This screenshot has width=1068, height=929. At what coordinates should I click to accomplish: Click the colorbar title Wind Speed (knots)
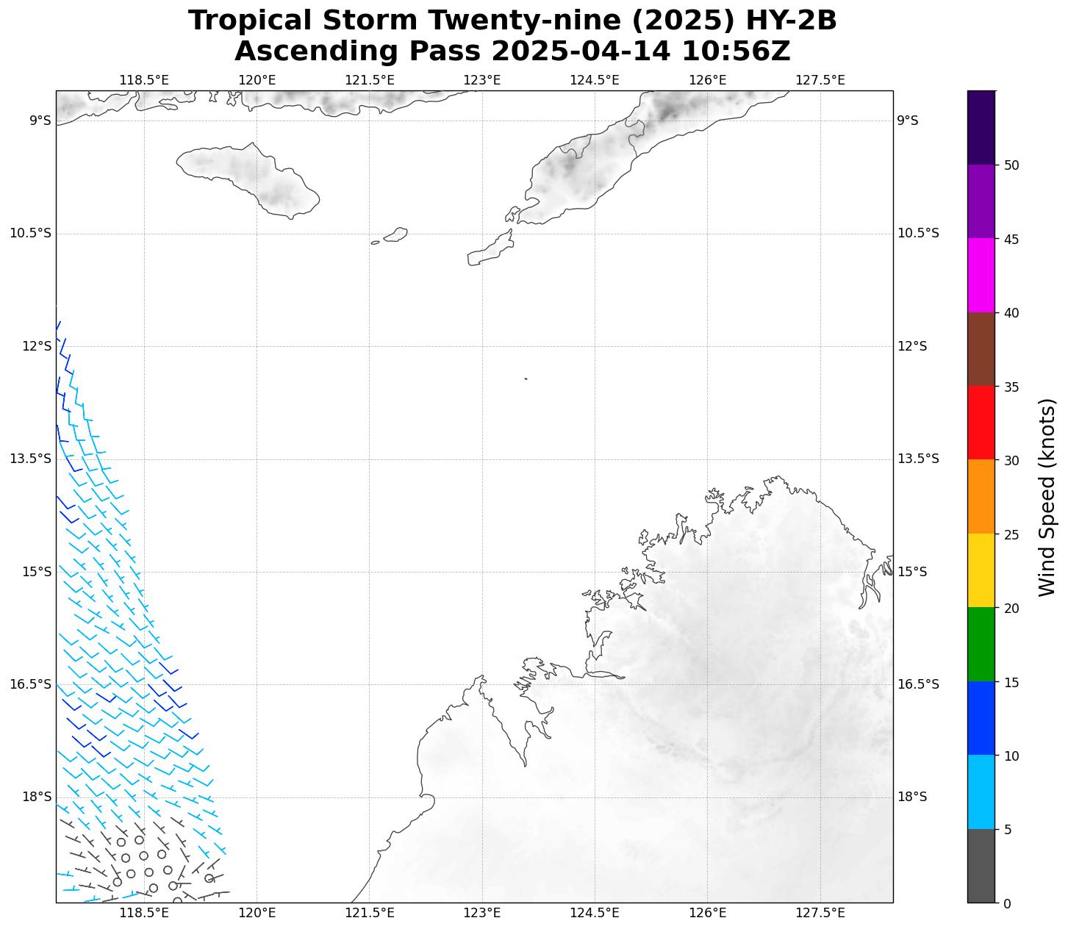tap(1047, 497)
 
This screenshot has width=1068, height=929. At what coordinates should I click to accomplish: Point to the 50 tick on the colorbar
tap(1011, 165)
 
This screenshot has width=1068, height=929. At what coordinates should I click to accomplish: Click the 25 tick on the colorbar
tap(1011, 534)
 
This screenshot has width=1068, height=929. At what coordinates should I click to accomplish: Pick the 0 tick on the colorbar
tap(1007, 903)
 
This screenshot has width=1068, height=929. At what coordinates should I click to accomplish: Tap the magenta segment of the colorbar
tap(981, 276)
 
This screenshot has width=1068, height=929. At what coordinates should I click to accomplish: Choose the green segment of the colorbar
tap(981, 645)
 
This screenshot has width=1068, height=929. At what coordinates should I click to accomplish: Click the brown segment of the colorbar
tap(981, 349)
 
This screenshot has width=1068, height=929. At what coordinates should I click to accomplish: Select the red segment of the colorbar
tap(981, 423)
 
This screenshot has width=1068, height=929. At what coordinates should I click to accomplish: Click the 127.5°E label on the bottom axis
tap(820, 913)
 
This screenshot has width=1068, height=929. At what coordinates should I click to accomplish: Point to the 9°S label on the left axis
tap(40, 121)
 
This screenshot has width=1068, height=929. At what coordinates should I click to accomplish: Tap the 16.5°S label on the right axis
tap(918, 684)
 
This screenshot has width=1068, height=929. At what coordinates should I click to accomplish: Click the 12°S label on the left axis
tap(37, 346)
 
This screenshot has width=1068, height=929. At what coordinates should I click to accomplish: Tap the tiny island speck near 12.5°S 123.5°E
tap(526, 379)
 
